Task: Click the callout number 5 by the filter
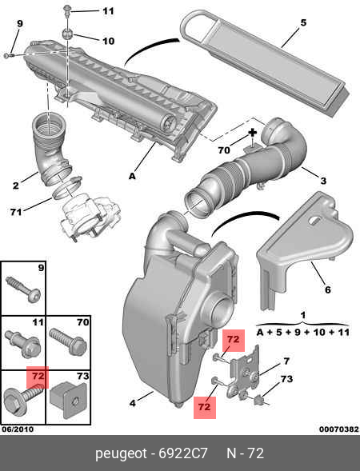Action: [x=303, y=22]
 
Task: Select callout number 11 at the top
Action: [x=108, y=11]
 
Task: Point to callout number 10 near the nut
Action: [x=108, y=41]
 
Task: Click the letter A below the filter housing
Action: [x=132, y=176]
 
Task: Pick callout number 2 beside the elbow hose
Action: [x=16, y=186]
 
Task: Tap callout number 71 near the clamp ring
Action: [x=16, y=212]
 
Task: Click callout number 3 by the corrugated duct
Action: [x=323, y=181]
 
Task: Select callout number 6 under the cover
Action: [x=327, y=289]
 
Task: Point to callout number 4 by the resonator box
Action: [x=133, y=403]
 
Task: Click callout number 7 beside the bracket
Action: [x=286, y=361]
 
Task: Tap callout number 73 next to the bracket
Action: [x=286, y=379]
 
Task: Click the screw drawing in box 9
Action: [x=23, y=289]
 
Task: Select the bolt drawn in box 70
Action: [x=68, y=342]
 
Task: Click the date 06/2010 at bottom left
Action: [x=18, y=429]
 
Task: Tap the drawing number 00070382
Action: [x=339, y=429]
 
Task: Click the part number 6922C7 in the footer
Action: [x=183, y=453]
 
